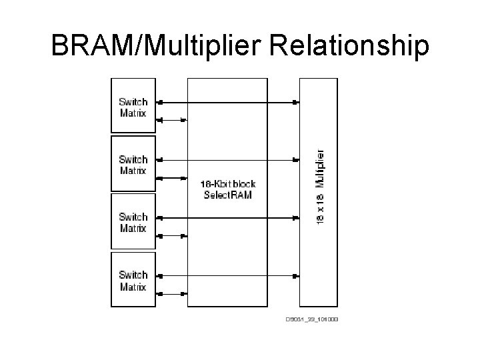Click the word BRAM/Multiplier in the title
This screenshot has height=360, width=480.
click(x=147, y=46)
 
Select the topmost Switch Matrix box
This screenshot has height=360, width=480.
click(x=133, y=107)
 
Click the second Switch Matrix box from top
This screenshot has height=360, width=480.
click(x=133, y=164)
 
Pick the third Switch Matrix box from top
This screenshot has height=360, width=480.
click(x=133, y=221)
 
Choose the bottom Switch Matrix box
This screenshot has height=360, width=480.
click(x=133, y=281)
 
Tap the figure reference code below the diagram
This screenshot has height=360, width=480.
click(x=312, y=319)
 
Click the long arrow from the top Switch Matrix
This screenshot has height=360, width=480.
click(x=227, y=103)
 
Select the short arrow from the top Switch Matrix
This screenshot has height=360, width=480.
click(x=172, y=121)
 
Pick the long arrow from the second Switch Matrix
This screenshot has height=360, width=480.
click(x=227, y=160)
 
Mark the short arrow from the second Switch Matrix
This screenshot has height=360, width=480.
click(x=172, y=178)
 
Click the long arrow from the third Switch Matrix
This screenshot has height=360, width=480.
click(x=227, y=217)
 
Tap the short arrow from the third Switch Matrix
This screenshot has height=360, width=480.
click(x=172, y=235)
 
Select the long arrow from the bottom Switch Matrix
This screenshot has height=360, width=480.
click(x=227, y=275)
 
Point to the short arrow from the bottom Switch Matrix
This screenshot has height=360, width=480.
click(x=172, y=293)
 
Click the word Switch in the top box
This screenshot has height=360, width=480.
click(x=133, y=102)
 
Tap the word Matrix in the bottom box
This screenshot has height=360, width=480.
click(x=133, y=287)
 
